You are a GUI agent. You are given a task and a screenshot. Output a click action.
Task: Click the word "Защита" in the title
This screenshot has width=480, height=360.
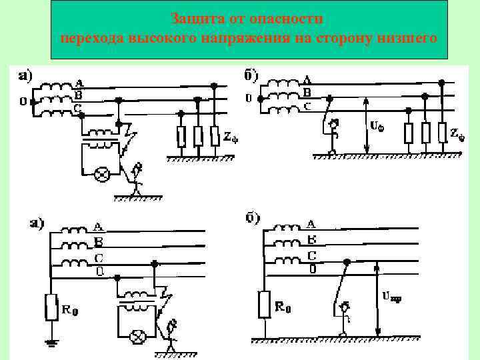(x=193, y=17)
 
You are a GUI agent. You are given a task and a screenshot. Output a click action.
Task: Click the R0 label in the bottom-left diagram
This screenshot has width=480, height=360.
(x=70, y=309)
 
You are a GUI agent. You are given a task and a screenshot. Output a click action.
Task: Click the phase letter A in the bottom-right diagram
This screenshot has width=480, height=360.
(x=310, y=224)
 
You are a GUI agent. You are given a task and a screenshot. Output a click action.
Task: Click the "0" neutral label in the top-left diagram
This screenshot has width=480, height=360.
(x=23, y=102)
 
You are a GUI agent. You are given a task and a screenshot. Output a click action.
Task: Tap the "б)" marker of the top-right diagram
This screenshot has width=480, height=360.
(x=251, y=75)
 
